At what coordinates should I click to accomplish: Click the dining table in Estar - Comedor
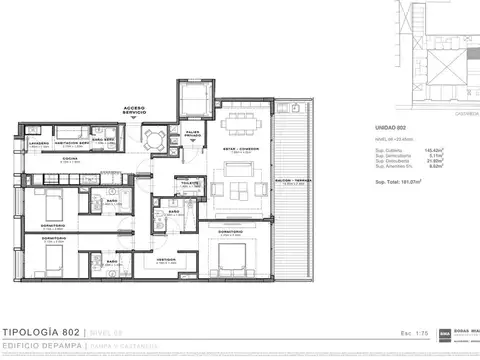pos(241,122)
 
